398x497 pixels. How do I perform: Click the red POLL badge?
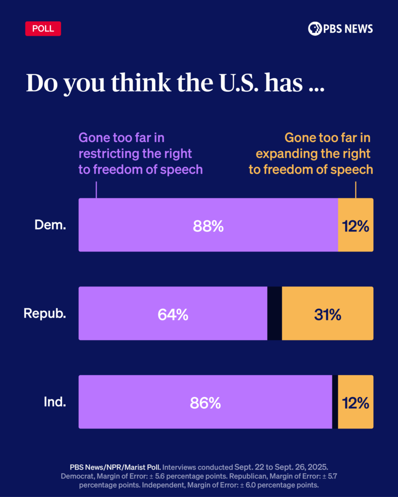click(43, 28)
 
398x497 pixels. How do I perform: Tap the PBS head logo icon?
click(315, 29)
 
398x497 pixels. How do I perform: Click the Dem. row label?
click(50, 225)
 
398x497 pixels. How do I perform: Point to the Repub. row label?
click(45, 314)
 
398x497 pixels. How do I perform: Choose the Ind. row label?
click(54, 402)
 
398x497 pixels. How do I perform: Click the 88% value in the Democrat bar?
click(208, 226)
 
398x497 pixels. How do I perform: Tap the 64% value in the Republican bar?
click(173, 315)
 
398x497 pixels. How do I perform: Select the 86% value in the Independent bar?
click(206, 403)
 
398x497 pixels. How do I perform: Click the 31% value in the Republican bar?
click(327, 315)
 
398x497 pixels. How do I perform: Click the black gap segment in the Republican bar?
click(275, 314)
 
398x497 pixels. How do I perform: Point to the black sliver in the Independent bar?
click(335, 402)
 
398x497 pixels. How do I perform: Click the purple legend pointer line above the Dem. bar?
click(96, 190)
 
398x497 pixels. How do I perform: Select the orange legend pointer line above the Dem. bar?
click(356, 190)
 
